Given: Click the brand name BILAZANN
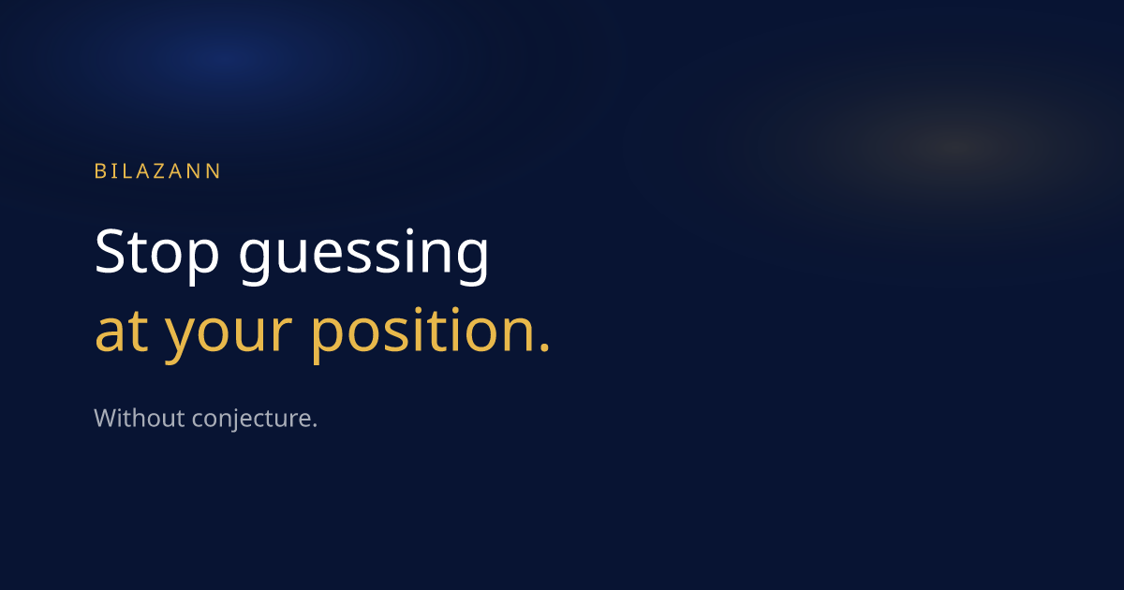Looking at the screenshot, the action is [157, 171].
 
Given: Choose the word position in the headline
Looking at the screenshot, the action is [424, 333].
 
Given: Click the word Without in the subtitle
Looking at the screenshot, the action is [139, 418].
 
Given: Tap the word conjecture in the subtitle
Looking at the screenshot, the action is [251, 420].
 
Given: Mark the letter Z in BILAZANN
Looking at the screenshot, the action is [159, 171].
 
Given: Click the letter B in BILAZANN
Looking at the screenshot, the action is [100, 171].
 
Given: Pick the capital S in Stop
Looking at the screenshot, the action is [110, 251].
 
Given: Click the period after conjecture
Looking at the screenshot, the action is [315, 426].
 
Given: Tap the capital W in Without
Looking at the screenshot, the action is [107, 418].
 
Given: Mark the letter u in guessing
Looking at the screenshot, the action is [290, 257].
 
